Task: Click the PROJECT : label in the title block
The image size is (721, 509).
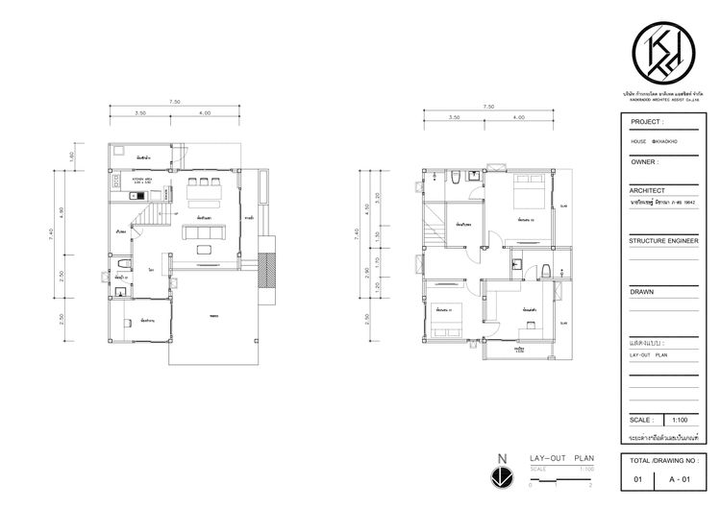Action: tap(646, 123)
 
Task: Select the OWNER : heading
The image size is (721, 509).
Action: tap(643, 162)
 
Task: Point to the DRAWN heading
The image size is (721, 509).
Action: tap(642, 291)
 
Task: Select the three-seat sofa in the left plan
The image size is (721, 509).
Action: tap(205, 230)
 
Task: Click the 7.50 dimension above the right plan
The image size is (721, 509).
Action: tap(488, 108)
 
